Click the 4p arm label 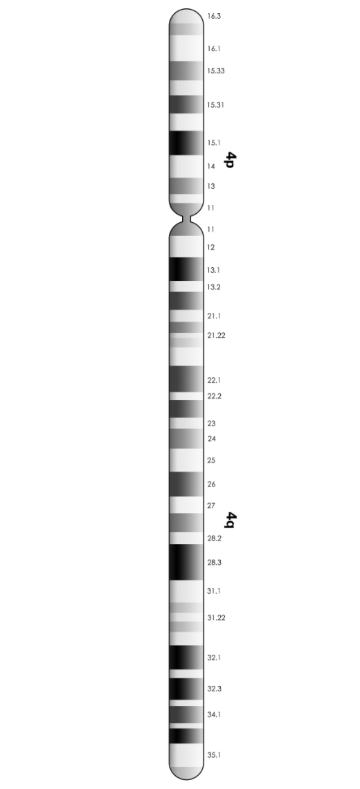[x=230, y=160]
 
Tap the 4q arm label [x=230, y=520]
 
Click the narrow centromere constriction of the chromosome [x=186, y=219]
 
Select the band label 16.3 [x=214, y=16]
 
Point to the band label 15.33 [x=216, y=71]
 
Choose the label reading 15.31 [x=216, y=105]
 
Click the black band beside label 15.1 [x=186, y=143]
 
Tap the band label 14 [x=211, y=166]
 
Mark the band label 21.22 [x=217, y=336]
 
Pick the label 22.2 [x=215, y=397]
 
